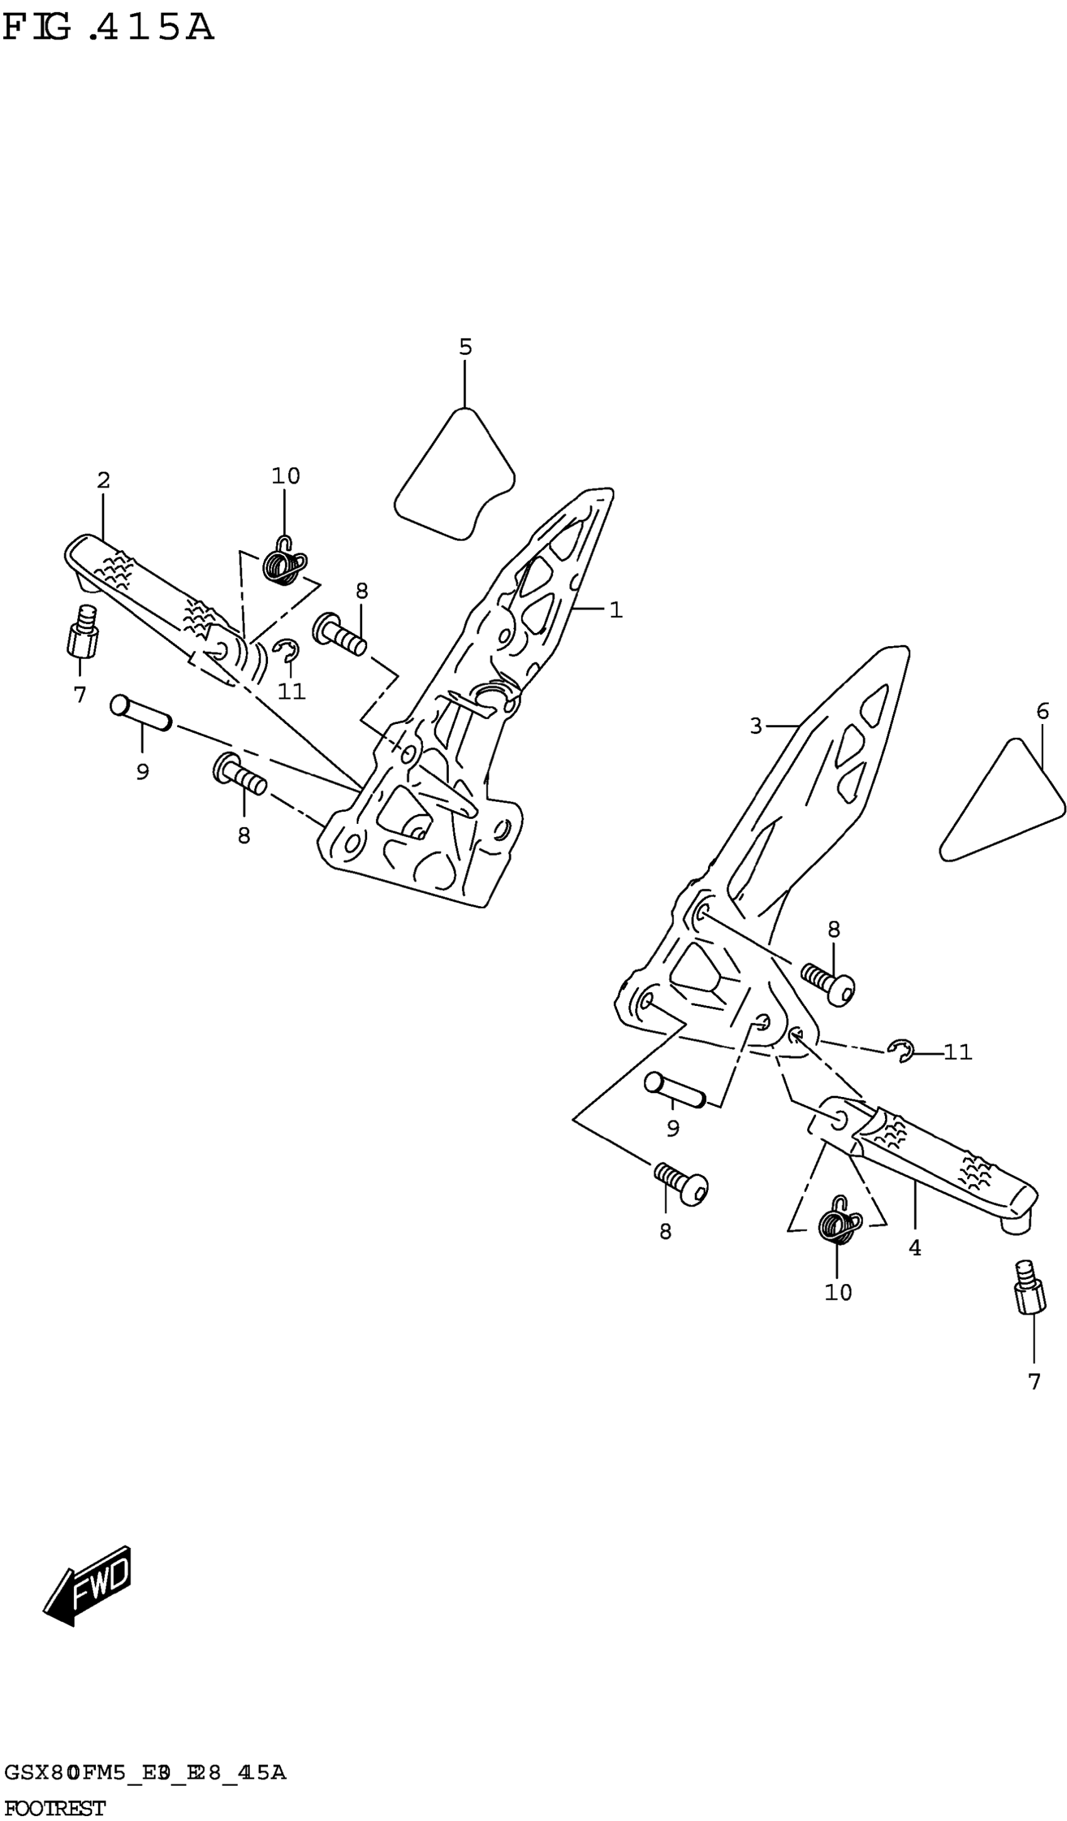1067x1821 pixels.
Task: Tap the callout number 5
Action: (x=465, y=348)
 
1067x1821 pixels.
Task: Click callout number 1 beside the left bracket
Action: (x=616, y=610)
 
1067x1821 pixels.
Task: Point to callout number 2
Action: (x=104, y=480)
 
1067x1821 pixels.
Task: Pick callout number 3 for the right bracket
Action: (x=756, y=725)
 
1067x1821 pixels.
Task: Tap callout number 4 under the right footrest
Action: (x=914, y=1248)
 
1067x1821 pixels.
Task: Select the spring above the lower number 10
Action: (x=839, y=1223)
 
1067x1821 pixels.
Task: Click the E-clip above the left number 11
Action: (x=287, y=651)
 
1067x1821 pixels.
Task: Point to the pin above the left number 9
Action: (x=140, y=713)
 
